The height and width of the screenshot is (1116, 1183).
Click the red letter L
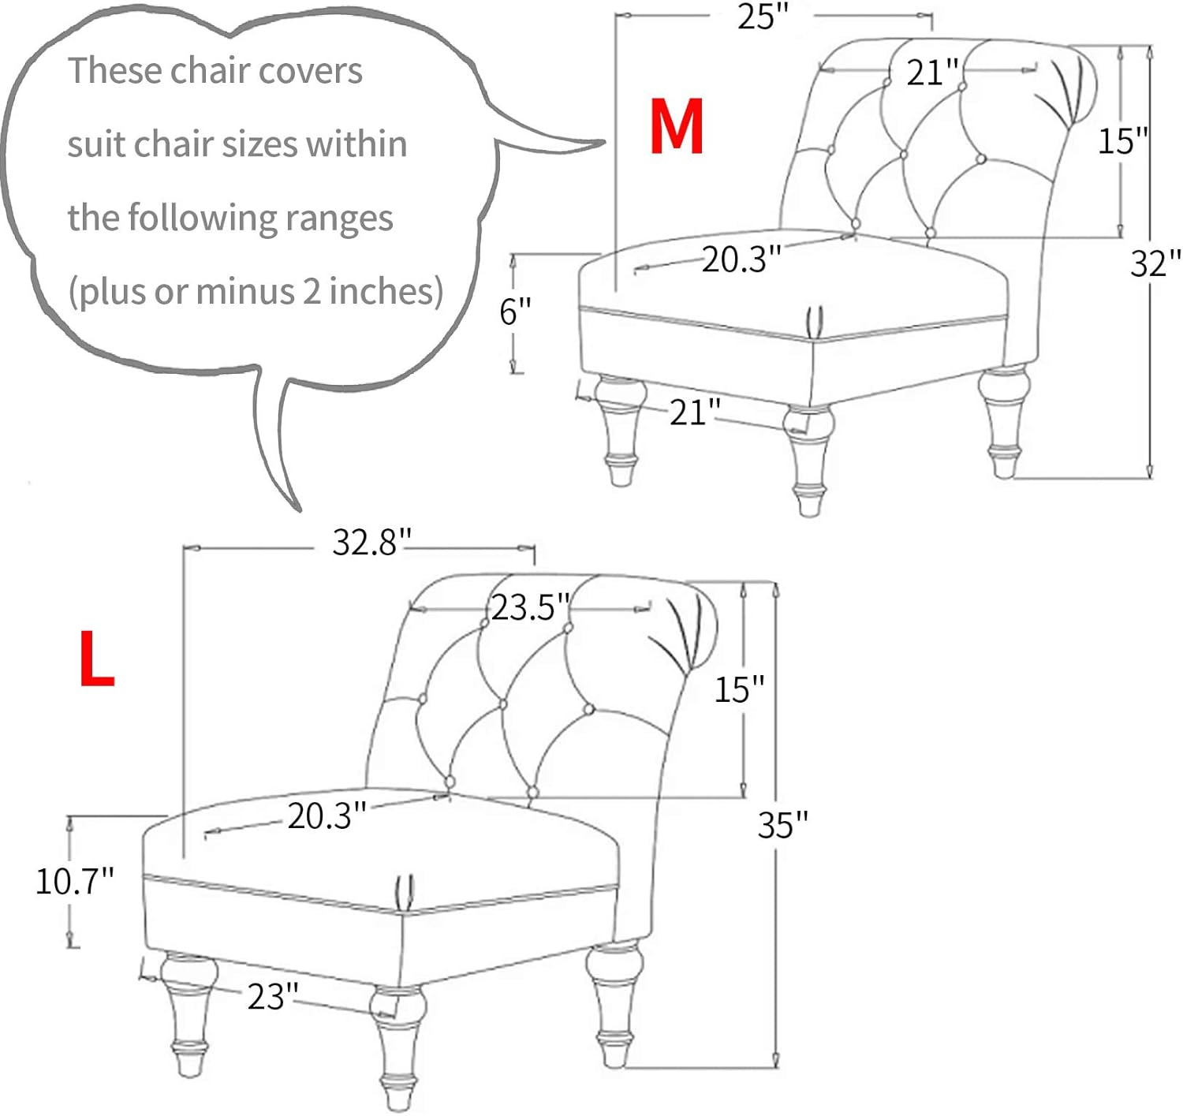click(96, 659)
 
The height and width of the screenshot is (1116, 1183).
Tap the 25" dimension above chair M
click(762, 17)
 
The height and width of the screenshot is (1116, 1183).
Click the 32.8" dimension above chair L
click(371, 542)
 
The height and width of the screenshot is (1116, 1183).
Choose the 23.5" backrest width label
click(530, 607)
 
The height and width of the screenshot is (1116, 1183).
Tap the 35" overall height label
click(782, 824)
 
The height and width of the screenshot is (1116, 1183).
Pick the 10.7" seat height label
click(74, 880)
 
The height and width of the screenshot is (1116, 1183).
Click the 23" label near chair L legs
click(273, 996)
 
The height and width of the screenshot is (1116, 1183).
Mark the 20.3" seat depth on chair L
click(327, 816)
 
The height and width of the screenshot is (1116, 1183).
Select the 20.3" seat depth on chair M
click(741, 259)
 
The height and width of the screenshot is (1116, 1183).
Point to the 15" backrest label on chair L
click(739, 689)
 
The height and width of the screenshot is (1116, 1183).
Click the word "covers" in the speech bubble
click(310, 71)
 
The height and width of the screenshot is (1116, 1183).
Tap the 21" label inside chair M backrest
click(931, 73)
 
